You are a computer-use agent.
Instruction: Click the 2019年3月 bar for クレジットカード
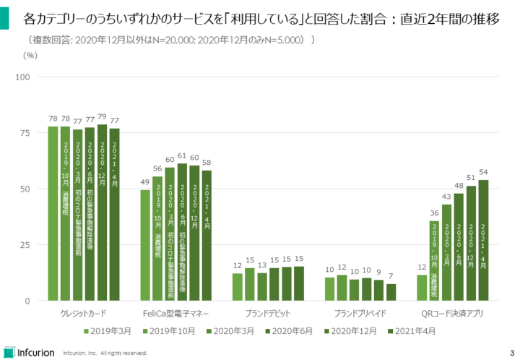point(53,213)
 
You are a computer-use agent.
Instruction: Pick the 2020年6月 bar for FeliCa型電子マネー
point(182,231)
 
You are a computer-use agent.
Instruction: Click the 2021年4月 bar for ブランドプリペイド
point(391,292)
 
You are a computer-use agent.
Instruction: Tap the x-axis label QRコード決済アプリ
point(452,314)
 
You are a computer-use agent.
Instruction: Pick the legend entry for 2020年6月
point(290,332)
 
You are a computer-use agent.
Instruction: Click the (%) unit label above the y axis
point(30,54)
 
